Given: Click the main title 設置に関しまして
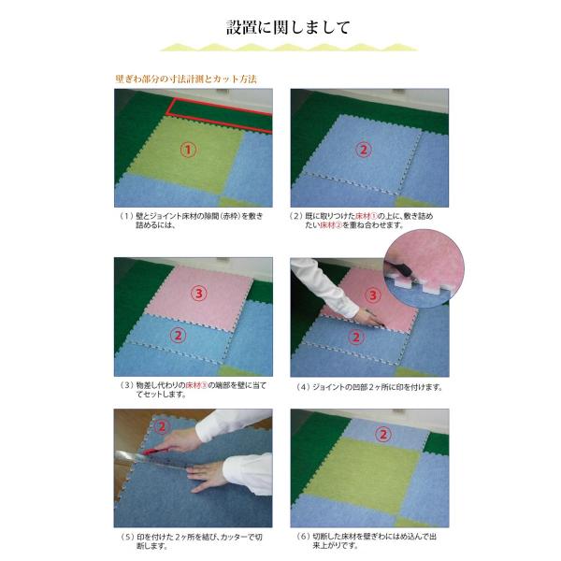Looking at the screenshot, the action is tap(288, 27).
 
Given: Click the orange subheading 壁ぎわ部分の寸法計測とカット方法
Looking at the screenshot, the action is tap(186, 79).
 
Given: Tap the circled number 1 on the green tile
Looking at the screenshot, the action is tap(188, 150).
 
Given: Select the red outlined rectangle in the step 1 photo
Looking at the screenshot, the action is tap(220, 115).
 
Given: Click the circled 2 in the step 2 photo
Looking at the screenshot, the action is tap(364, 150).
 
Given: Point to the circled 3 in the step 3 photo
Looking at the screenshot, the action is tap(199, 294).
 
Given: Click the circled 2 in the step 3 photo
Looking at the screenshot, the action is tap(178, 336).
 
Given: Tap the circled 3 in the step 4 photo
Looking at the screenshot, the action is tap(373, 295).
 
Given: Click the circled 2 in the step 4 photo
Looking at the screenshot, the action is tap(355, 337).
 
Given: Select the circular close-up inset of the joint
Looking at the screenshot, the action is tap(424, 269).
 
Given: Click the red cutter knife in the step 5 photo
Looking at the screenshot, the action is tap(156, 452).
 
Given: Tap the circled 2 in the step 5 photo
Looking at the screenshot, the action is tap(162, 426).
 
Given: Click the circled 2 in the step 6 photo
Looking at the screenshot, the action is tap(382, 435).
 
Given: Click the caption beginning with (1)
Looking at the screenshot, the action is tap(192, 221).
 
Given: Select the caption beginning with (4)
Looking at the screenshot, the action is tap(369, 387).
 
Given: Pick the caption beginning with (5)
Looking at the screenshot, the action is tap(192, 541).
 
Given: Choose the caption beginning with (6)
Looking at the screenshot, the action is tap(367, 540).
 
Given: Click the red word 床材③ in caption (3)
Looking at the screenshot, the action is tap(196, 385).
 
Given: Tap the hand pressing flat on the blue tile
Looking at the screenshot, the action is tap(209, 475).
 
